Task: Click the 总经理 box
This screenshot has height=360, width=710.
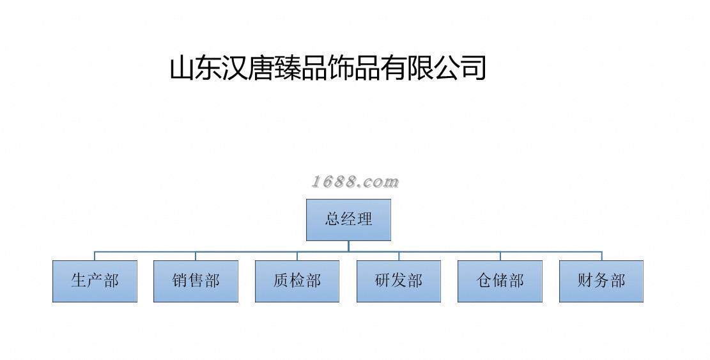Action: coord(348,219)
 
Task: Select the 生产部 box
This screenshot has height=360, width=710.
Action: coord(95,281)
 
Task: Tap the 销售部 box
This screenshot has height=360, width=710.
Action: coord(196,281)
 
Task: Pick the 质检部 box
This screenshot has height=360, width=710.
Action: coord(297,281)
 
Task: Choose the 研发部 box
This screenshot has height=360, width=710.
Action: coord(399,281)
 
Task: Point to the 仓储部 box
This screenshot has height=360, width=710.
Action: coord(500,281)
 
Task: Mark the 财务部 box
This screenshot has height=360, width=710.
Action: coord(601,281)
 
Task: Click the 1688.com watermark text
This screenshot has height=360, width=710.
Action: coord(355,182)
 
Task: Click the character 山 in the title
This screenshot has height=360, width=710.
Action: coord(183,68)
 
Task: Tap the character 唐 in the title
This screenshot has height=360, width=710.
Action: coord(262,68)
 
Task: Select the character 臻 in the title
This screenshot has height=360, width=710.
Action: coord(288,68)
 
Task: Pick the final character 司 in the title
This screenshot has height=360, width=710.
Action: coord(474,68)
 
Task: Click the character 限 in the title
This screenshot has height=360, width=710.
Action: coord(421,68)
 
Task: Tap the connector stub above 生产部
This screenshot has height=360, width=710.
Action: coord(95,256)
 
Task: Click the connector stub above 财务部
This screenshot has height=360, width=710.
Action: coord(601,256)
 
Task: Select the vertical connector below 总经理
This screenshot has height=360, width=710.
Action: coord(348,246)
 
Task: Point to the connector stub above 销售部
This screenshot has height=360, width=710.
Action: coord(196,256)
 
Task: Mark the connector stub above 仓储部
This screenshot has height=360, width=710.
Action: coord(500,256)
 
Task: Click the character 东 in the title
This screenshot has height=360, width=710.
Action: coord(209,68)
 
